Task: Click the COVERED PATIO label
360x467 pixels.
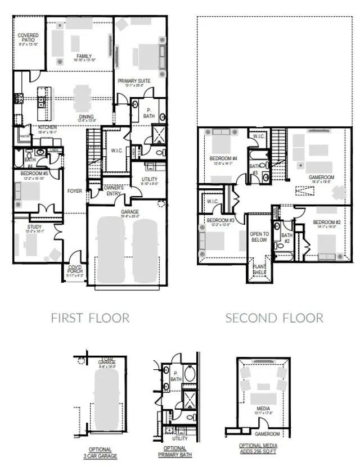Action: coord(28,38)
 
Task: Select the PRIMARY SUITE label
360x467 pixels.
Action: coord(134,81)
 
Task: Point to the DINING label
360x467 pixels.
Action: coord(86,117)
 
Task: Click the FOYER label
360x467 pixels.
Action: coord(75,191)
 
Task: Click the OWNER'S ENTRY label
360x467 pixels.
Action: coord(113,191)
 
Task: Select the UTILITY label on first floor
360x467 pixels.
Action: coord(149,180)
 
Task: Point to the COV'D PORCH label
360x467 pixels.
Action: coord(75,269)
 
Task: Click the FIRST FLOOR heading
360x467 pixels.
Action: coord(90,318)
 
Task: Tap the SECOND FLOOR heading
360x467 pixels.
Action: coord(274,318)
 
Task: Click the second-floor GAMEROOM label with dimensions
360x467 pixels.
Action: coord(321,177)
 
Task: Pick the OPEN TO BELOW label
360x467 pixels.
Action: coord(259,236)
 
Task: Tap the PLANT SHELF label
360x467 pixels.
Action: coord(259,270)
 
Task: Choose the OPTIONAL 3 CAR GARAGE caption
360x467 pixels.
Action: coord(100,453)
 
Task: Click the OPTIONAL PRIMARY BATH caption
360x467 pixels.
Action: coord(175,453)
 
